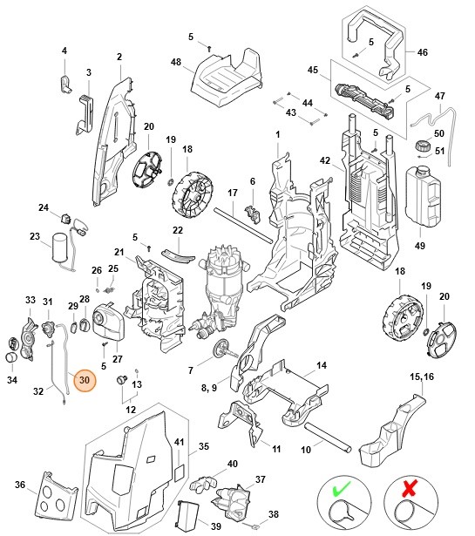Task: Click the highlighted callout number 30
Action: [85, 380]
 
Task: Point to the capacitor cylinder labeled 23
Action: [60, 247]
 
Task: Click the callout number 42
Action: [325, 161]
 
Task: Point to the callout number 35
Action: [204, 445]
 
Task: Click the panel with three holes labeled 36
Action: [51, 495]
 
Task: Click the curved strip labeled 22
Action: [178, 252]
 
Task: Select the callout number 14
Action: [321, 366]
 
